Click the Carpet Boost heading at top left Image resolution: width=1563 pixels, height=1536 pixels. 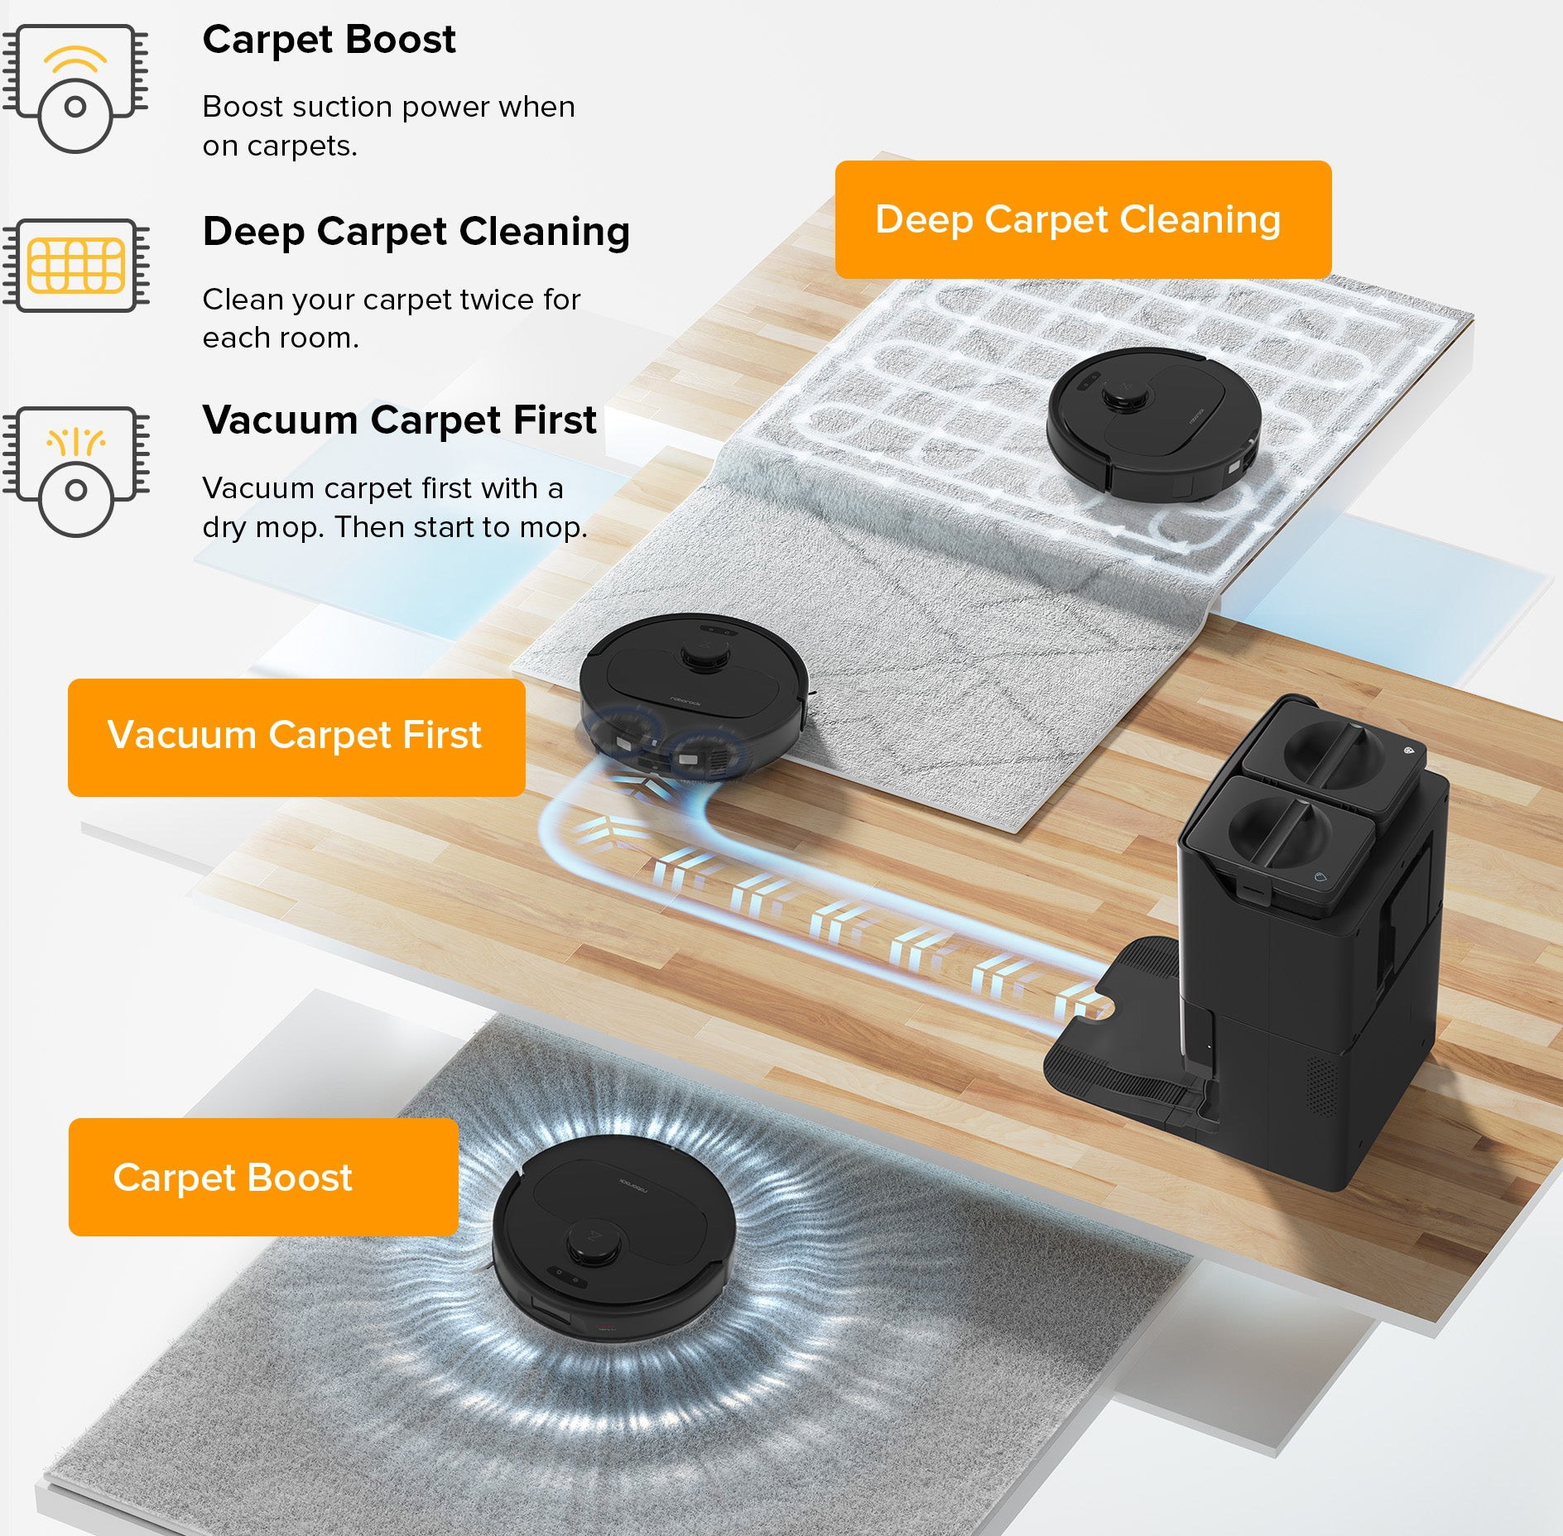click(329, 40)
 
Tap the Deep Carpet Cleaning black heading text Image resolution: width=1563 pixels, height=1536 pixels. click(416, 232)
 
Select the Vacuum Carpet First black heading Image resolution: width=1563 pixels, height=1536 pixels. click(399, 420)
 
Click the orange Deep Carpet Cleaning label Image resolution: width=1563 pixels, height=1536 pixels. click(1083, 219)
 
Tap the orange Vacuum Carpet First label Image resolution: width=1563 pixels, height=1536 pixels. click(296, 737)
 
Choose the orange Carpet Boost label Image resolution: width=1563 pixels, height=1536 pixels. click(263, 1177)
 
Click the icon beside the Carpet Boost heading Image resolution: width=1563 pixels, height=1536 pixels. click(75, 89)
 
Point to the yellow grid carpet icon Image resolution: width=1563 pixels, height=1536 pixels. click(75, 266)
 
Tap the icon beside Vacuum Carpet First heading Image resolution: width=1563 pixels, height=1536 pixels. click(75, 472)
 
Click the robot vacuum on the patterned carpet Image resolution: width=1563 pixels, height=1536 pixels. click(1154, 423)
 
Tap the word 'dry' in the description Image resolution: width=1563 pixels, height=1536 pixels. click(224, 528)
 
